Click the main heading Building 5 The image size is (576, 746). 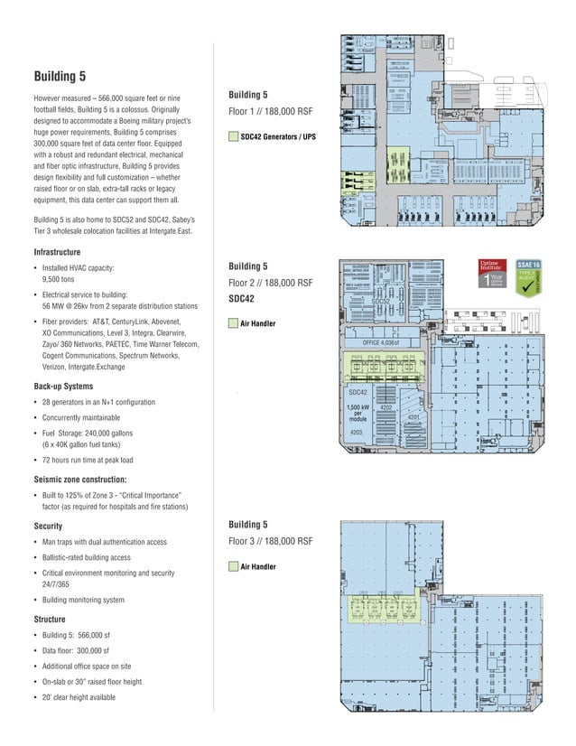[60, 75]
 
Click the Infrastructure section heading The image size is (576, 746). [57, 252]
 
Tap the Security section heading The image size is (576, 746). [48, 525]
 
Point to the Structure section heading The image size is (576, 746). [51, 620]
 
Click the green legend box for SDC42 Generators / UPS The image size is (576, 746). [233, 137]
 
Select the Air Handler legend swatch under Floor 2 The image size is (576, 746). [233, 322]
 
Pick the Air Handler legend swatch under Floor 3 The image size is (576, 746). [233, 566]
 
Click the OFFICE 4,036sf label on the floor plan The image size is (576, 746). [386, 343]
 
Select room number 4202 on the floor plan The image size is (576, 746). [385, 407]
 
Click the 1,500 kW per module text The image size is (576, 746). [358, 414]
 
